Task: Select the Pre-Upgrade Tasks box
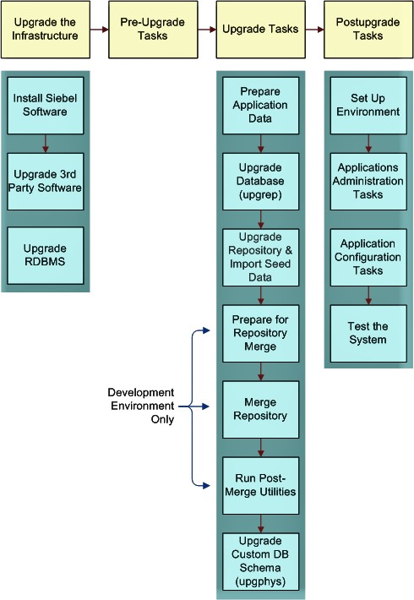point(153,30)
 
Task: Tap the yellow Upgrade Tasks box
point(260,30)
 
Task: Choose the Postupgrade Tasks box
point(368,30)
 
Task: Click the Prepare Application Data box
point(260,105)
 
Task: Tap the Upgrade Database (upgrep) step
point(260,180)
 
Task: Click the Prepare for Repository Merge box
point(260,333)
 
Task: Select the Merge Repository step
point(260,409)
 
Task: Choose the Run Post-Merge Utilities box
point(260,484)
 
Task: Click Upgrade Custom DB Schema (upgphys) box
point(260,560)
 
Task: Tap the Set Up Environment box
point(368,105)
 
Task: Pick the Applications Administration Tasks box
point(368,180)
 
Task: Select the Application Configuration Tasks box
point(368,257)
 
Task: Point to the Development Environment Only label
point(140,406)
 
